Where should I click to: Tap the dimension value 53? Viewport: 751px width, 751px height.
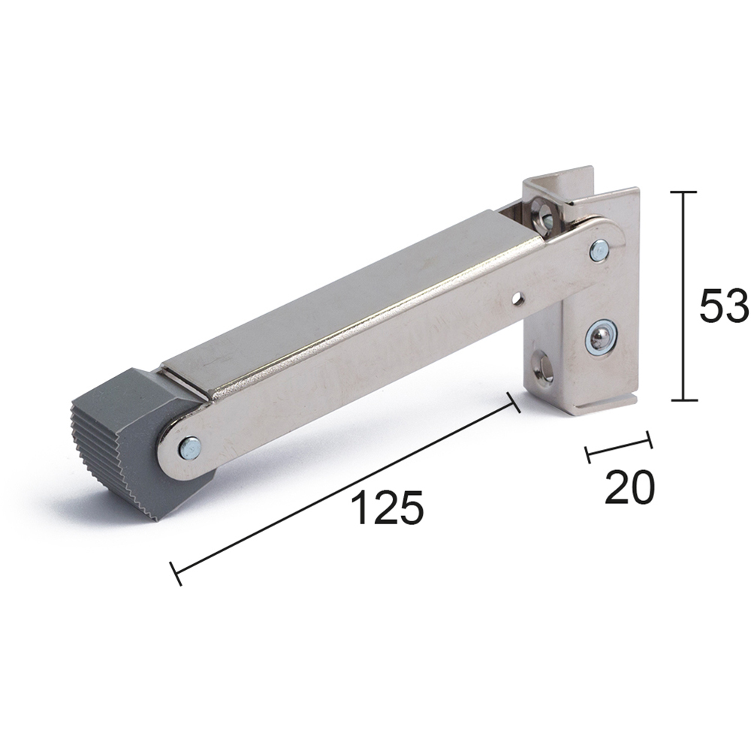723,306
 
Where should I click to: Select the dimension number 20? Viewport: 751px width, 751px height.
629,489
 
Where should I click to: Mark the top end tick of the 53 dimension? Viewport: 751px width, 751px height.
683,192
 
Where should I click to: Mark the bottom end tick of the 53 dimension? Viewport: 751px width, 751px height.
683,401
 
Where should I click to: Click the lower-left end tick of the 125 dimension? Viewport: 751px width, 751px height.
176,574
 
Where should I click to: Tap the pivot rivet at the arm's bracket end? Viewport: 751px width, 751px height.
599,250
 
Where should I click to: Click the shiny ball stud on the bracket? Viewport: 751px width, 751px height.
600,337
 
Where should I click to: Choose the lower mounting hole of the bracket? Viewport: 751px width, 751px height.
544,369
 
